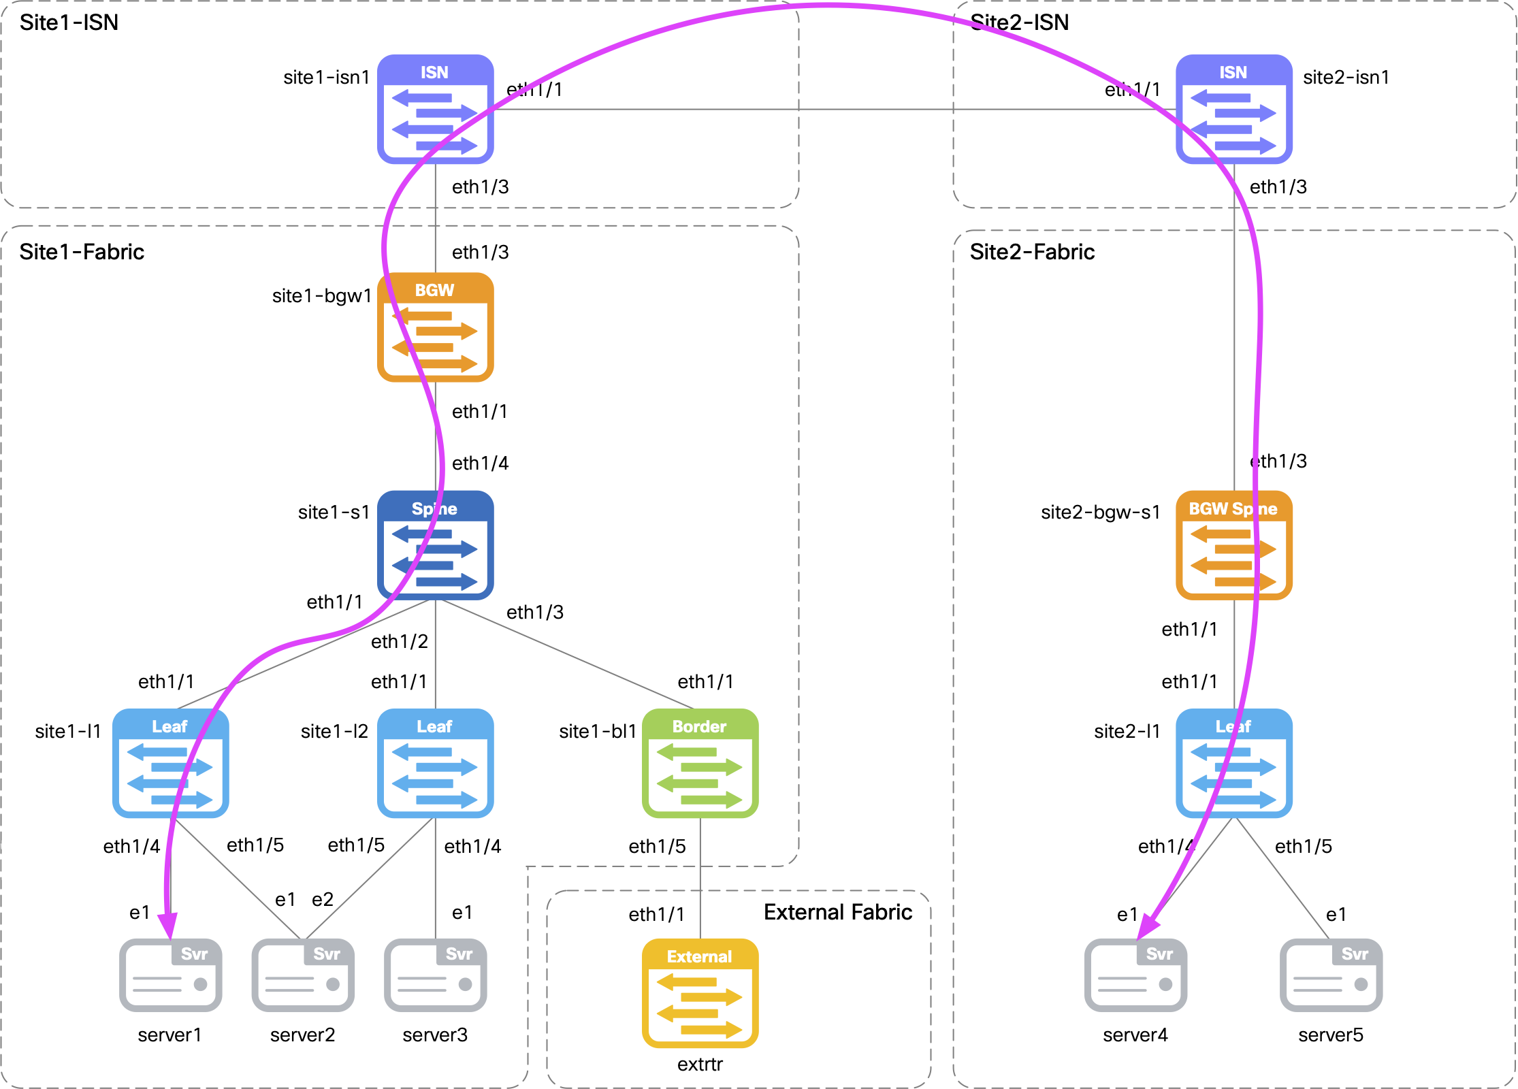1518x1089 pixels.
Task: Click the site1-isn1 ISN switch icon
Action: coord(436,109)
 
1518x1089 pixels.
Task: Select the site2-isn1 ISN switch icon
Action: coord(1233,109)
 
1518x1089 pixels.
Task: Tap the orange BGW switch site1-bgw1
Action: coord(436,327)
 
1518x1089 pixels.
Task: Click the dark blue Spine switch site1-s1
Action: coord(436,545)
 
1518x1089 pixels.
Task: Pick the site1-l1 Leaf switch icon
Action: coord(170,763)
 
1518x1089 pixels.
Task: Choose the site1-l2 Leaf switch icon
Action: coord(436,763)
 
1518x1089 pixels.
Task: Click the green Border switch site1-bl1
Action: coord(700,763)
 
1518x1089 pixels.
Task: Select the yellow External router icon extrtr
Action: coord(700,993)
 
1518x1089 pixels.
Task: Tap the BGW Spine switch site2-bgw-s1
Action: coord(1233,545)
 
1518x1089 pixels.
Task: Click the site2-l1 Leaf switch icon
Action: coord(1233,763)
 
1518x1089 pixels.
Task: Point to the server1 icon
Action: coord(170,975)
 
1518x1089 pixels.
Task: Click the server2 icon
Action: coord(303,975)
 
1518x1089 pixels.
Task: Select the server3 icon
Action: coord(436,975)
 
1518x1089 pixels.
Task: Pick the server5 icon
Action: coord(1331,975)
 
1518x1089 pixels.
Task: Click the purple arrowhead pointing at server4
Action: coord(1148,927)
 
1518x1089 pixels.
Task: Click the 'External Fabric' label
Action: coord(837,912)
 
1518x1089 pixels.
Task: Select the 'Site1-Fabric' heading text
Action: coord(82,252)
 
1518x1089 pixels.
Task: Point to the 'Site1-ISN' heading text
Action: coord(69,22)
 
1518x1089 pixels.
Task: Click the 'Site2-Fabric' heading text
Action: coord(1032,252)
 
